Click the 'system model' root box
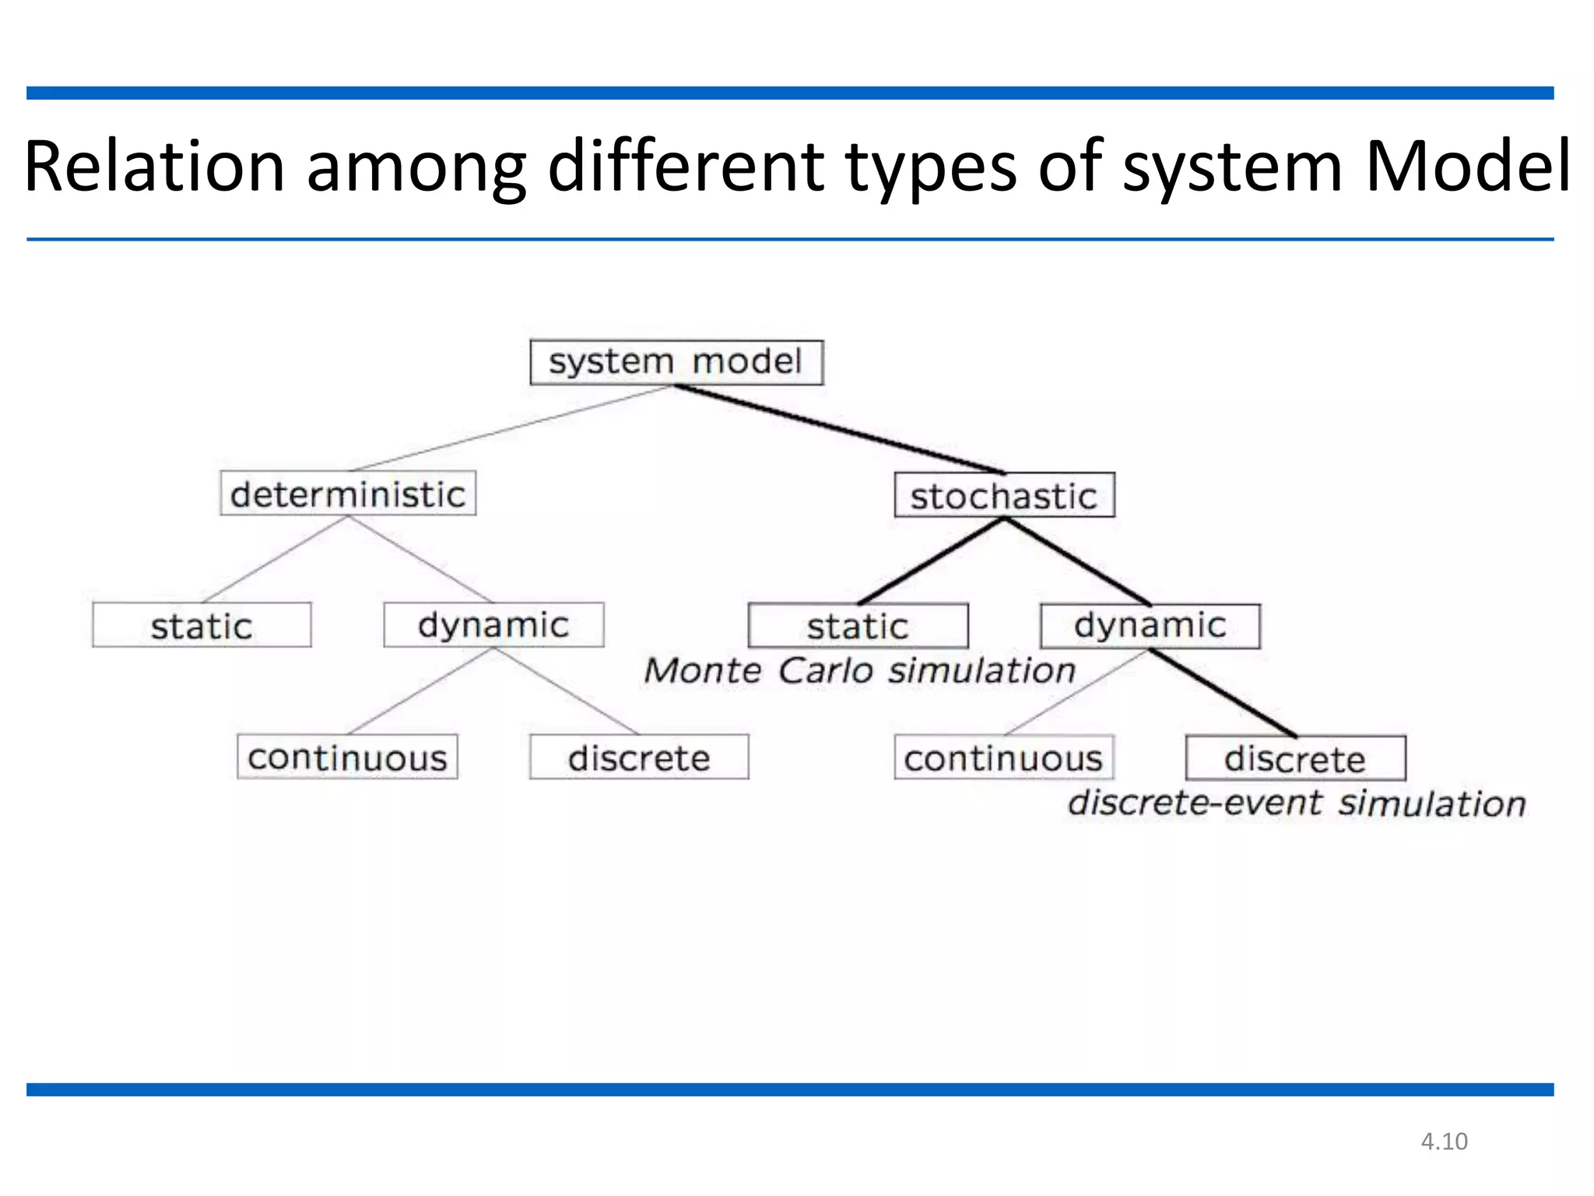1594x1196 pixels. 676,362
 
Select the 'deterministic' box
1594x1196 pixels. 348,493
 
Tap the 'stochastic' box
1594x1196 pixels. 1004,495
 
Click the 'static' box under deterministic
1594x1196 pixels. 202,625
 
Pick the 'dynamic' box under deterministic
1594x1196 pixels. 493,625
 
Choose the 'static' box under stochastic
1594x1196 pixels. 858,626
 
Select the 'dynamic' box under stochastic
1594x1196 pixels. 1150,626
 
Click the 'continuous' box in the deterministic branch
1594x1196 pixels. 347,757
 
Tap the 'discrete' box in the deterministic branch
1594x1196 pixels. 639,757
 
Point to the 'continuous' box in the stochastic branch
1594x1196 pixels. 1003,758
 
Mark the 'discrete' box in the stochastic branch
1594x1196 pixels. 1295,758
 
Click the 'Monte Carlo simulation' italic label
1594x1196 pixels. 859,671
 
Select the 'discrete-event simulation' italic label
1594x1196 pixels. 1296,804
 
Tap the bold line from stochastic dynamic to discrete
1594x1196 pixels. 1224,693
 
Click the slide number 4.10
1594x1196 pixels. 1444,1141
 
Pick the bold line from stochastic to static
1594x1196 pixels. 931,561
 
